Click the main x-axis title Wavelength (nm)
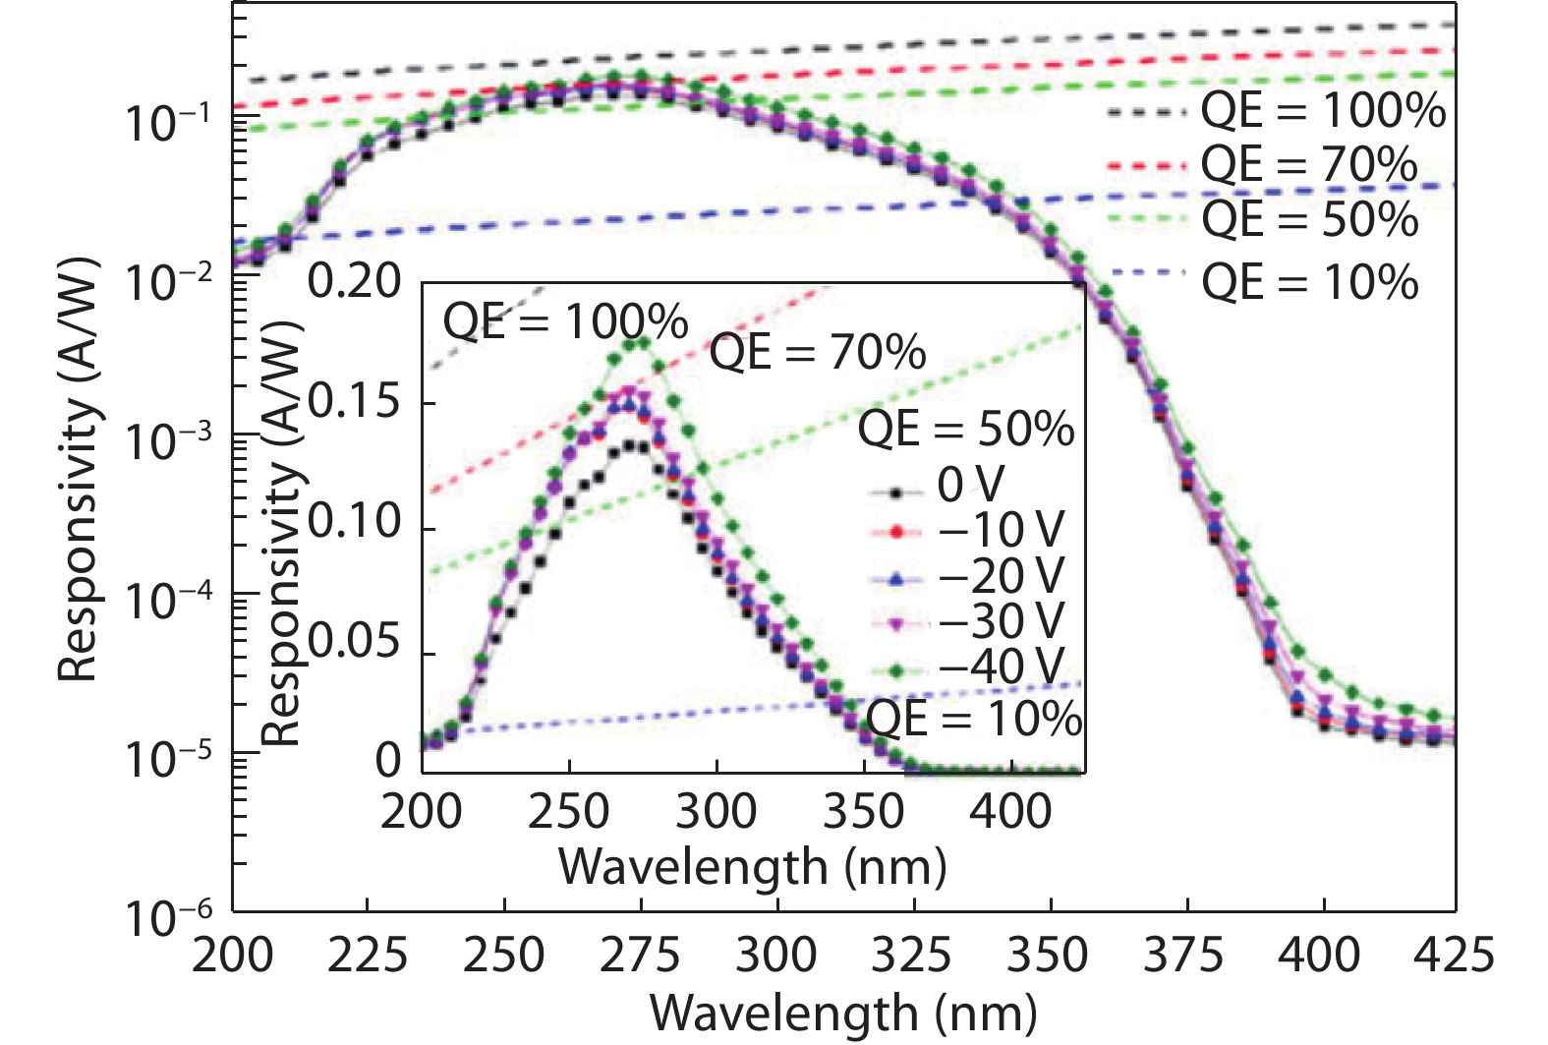tap(843, 1013)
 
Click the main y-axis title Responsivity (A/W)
tap(79, 470)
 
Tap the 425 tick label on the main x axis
tap(1455, 955)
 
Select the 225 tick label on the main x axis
tap(367, 955)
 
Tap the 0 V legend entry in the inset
tap(971, 485)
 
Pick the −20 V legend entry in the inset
tap(1001, 577)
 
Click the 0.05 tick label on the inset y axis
tap(355, 643)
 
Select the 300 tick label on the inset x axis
tap(717, 812)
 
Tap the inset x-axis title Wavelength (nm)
tap(752, 867)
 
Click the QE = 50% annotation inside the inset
tap(966, 430)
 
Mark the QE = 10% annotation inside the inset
tap(975, 719)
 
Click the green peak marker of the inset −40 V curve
tap(644, 341)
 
